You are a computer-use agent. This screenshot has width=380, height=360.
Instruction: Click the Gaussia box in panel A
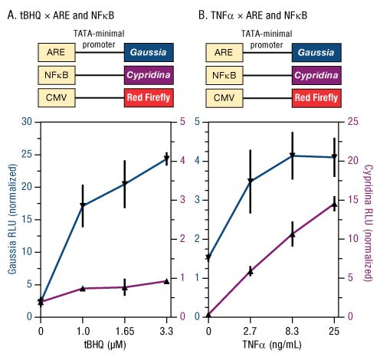pyautogui.click(x=149, y=52)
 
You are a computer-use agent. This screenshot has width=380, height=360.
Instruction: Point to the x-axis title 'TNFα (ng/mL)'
pyautogui.click(x=270, y=345)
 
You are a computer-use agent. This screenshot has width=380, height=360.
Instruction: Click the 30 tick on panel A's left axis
pyautogui.click(x=28, y=122)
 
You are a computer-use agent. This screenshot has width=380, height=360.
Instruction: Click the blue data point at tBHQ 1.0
pyautogui.click(x=82, y=205)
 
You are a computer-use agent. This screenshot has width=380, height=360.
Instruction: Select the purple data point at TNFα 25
pyautogui.click(x=334, y=203)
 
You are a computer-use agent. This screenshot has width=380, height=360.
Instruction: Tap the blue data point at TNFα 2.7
pyautogui.click(x=250, y=181)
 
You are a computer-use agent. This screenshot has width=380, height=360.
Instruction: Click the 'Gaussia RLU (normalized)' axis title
pyautogui.click(x=9, y=218)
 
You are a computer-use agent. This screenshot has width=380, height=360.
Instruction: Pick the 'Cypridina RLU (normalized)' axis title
pyautogui.click(x=372, y=218)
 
